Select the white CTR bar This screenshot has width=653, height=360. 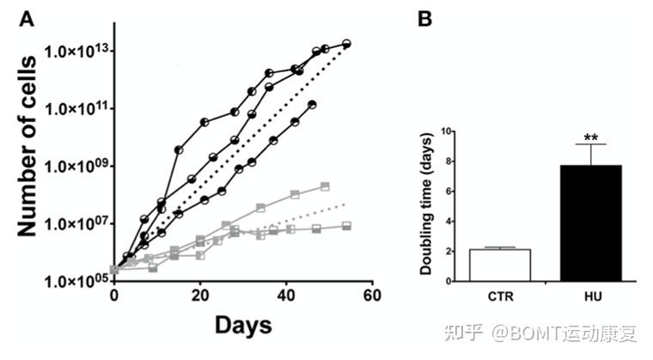(x=499, y=265)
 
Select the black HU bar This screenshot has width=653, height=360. (x=591, y=223)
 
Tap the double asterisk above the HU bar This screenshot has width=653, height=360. (x=591, y=137)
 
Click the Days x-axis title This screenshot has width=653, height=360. (x=243, y=326)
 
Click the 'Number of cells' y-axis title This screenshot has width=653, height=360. (x=27, y=146)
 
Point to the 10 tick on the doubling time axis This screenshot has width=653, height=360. (x=446, y=131)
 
